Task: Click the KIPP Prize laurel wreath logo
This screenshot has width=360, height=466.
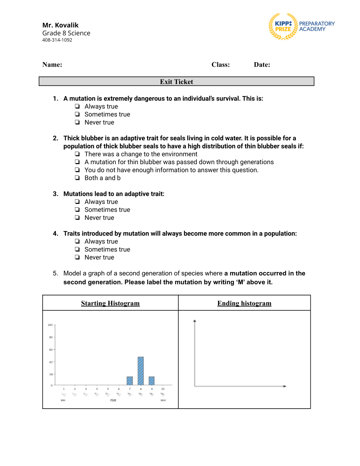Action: coord(283,27)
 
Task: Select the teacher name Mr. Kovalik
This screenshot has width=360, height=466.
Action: coord(60,25)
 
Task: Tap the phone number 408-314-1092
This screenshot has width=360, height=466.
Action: coord(57,40)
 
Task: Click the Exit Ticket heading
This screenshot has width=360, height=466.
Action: coord(176,82)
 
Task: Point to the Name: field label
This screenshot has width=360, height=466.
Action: coord(52,65)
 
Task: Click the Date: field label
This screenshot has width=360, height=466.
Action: coord(262,65)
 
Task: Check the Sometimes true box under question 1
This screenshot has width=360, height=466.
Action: coord(77,114)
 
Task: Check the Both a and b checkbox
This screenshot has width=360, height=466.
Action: coord(77,178)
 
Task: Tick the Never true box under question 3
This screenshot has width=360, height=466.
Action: coord(77,218)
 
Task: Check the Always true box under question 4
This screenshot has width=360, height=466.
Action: coord(77,241)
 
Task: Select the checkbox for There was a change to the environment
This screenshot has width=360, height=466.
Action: coord(77,154)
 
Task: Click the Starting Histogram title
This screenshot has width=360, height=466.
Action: coord(110,303)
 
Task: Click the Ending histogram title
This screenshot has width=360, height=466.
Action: coord(244,303)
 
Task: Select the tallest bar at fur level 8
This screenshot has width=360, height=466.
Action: coord(140,371)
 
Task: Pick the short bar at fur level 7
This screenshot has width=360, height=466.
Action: coord(129,381)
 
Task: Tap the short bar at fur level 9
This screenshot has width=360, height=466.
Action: coord(152,381)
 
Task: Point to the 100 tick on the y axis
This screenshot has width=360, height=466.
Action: coord(50,325)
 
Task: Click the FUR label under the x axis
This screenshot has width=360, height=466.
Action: coord(113,400)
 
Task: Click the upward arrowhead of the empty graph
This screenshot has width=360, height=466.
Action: coord(195,321)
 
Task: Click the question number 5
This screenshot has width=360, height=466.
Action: coord(56,273)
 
